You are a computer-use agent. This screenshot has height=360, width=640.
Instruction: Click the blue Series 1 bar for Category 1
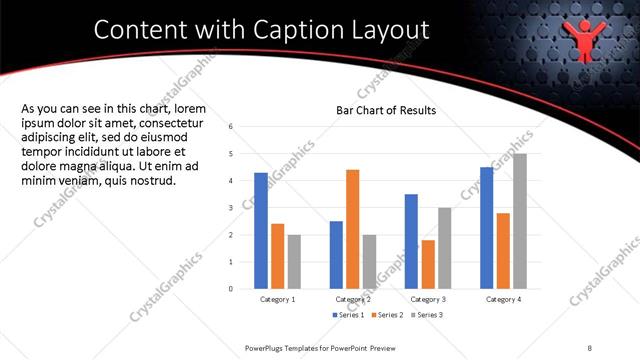pos(260,231)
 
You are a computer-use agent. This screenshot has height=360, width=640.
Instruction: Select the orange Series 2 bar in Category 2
pos(352,229)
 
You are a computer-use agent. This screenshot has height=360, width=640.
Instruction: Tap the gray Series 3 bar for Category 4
pos(520,221)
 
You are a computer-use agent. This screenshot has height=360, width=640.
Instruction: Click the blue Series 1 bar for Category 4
pos(486,228)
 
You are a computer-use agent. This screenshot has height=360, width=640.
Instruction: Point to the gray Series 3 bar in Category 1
pos(294,262)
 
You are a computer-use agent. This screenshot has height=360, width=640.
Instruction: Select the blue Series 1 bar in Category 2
pos(336,255)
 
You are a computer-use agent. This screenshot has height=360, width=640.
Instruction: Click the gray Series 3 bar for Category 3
pos(444,248)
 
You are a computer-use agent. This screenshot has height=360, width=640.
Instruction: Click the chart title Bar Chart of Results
pos(385,110)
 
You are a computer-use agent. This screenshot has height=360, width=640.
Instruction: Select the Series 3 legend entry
pos(424,314)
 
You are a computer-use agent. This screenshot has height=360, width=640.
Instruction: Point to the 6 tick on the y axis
pos(231,127)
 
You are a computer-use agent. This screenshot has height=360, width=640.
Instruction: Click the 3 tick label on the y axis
pos(231,208)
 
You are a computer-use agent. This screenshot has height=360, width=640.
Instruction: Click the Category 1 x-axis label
pos(277,299)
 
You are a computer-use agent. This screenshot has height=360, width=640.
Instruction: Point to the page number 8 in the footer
pos(590,347)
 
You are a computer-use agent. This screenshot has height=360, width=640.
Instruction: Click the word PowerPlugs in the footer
pos(265,347)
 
